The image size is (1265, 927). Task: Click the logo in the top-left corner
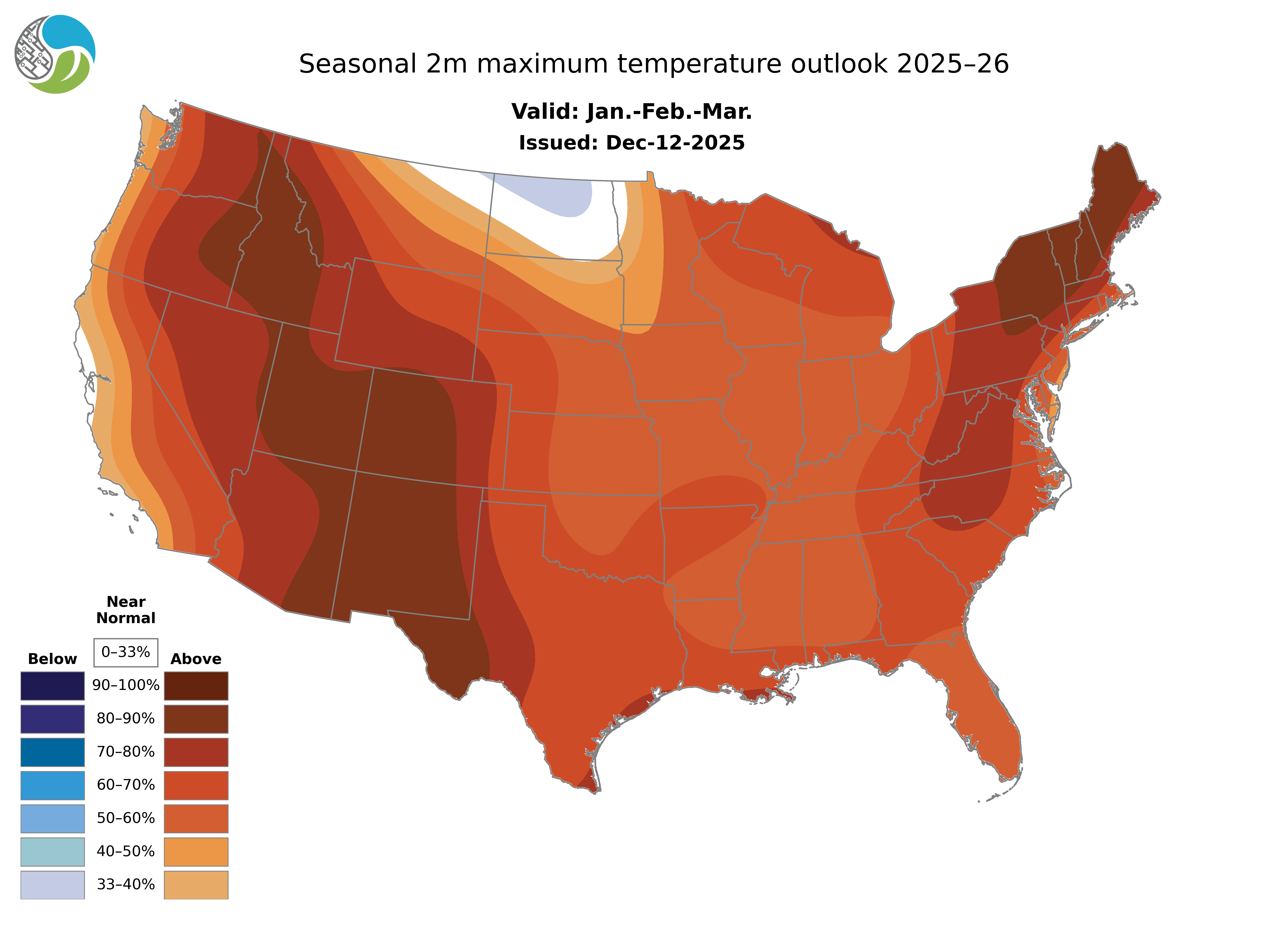[x=55, y=55]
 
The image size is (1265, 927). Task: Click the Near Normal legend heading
[x=126, y=610]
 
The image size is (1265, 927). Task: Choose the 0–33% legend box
[x=126, y=652]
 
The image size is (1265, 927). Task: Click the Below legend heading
[x=52, y=659]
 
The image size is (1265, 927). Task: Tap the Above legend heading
[x=196, y=659]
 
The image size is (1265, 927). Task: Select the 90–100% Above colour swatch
[x=196, y=686]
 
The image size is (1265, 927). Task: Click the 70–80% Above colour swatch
[x=196, y=752]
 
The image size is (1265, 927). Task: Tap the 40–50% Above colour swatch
[x=196, y=851]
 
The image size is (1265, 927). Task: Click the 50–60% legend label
[x=126, y=818]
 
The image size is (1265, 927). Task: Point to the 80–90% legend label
[x=126, y=719]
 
